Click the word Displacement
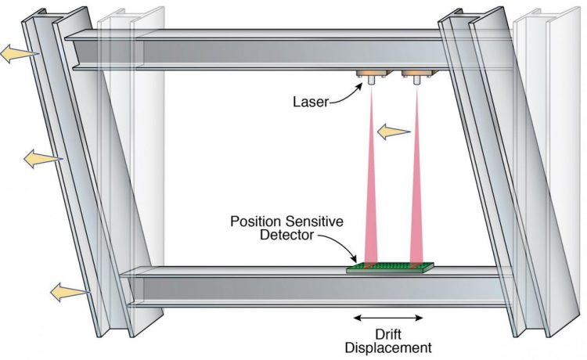coord(388,347)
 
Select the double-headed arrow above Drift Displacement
coord(388,318)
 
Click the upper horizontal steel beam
coord(258,52)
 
